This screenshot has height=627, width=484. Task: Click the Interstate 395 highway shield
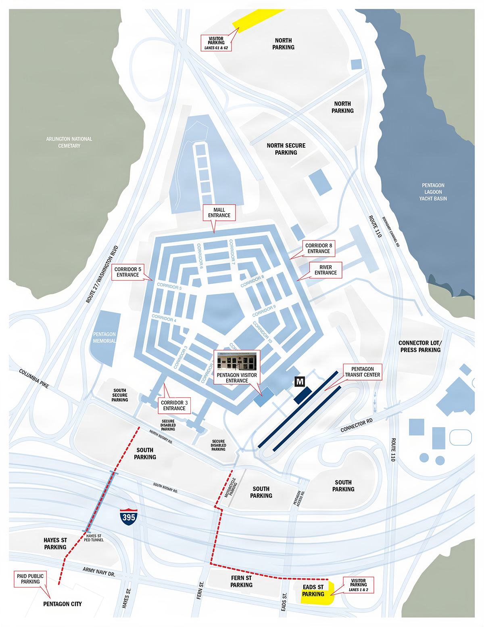(129, 516)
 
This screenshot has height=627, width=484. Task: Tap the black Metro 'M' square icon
(300, 382)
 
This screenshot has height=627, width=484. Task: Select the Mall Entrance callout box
(219, 213)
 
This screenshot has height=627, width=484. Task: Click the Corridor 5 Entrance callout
(128, 272)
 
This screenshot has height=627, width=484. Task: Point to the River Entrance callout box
(325, 270)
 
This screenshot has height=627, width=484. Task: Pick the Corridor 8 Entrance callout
(319, 248)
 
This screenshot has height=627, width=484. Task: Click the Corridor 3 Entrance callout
(174, 405)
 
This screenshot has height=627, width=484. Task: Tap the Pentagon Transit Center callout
(362, 372)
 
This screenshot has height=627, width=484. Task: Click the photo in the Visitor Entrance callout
(237, 361)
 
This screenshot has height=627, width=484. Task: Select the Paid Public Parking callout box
(30, 579)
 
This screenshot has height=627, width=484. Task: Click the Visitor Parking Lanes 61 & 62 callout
(216, 43)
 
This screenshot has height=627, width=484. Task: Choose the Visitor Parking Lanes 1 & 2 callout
(358, 585)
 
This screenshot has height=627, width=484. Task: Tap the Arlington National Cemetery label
(69, 142)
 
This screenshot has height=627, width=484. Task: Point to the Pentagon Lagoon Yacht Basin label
(433, 192)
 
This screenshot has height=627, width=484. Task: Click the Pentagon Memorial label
(104, 338)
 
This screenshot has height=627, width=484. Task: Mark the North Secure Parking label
(286, 149)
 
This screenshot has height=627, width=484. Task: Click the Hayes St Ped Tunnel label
(94, 538)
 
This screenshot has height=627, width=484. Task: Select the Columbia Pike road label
(34, 379)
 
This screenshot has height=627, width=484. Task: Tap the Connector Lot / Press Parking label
(420, 346)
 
